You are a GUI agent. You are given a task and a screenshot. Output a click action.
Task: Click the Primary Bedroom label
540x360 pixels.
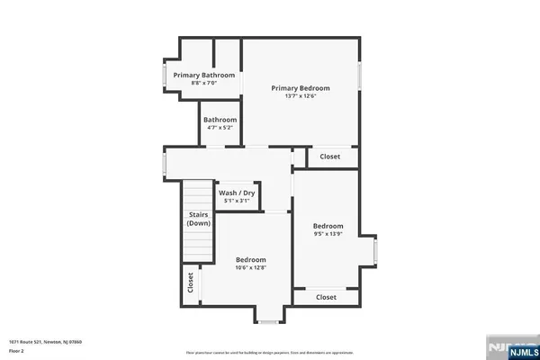tap(301, 88)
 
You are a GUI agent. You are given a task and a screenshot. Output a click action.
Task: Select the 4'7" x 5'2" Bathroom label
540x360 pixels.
tap(220, 120)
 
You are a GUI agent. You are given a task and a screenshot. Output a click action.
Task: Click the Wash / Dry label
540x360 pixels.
tap(237, 193)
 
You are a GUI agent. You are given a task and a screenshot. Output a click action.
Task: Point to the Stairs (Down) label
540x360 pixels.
tap(198, 218)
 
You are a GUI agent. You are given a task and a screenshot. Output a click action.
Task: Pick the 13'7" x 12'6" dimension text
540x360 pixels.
tap(301, 96)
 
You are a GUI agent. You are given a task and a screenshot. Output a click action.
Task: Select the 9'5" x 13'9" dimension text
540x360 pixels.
tap(328, 234)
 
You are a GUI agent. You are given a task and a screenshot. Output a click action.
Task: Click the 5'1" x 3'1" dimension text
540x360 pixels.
tap(237, 201)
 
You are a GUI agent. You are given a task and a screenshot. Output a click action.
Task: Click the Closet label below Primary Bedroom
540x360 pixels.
tap(329, 157)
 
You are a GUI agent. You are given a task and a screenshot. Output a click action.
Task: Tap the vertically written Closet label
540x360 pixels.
tap(191, 283)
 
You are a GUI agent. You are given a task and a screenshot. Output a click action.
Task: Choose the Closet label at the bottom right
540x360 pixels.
tap(326, 297)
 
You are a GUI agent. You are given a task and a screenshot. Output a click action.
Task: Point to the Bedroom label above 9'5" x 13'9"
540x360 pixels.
tap(328, 226)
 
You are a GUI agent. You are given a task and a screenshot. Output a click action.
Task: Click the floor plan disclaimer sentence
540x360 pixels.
tap(269, 352)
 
